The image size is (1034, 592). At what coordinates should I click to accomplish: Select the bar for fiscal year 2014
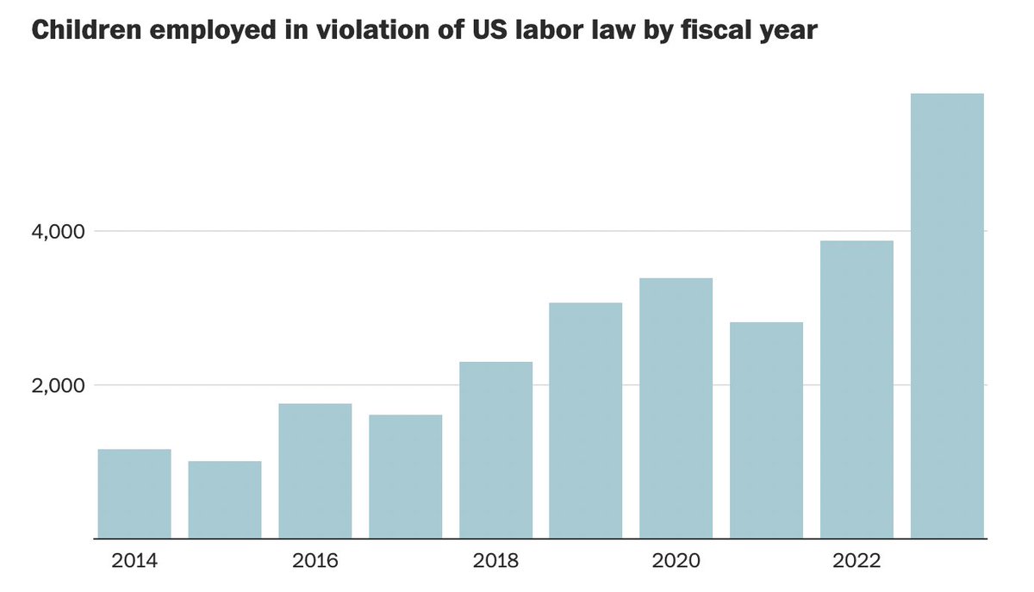click(134, 494)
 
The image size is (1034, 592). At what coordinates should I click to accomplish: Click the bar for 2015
click(225, 500)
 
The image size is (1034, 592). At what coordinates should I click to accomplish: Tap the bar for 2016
click(315, 470)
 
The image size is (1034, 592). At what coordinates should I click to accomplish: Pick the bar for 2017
click(405, 477)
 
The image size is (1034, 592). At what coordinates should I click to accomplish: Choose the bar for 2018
click(495, 450)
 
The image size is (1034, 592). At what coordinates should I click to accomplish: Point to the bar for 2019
click(586, 421)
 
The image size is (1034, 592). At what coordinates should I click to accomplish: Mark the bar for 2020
click(676, 408)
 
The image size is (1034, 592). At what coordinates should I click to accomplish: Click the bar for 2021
click(766, 430)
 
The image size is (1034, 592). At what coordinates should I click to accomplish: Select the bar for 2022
click(856, 389)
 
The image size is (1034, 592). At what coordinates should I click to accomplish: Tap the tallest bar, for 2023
click(947, 315)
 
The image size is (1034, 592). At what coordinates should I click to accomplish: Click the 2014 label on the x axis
click(134, 562)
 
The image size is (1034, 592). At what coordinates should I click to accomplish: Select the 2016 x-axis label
click(315, 562)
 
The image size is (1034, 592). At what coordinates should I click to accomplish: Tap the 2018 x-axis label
click(495, 562)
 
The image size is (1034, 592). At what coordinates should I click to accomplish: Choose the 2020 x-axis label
click(676, 562)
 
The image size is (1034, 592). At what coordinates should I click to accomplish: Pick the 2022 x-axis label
click(856, 562)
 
